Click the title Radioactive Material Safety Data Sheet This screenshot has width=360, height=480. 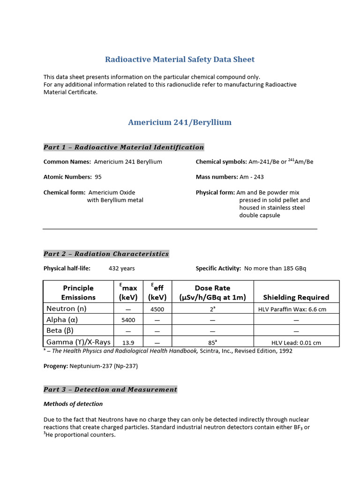pos(180,60)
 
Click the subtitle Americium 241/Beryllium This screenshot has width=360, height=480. pos(180,122)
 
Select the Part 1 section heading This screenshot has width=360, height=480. pos(124,147)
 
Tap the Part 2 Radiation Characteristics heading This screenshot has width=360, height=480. pos(106,254)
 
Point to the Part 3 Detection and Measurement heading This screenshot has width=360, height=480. pos(110,390)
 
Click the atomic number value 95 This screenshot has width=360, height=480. pos(98,177)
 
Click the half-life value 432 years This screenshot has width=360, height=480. pos(121,269)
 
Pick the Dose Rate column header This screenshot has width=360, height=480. pos(212,292)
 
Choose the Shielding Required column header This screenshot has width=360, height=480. pos(296,297)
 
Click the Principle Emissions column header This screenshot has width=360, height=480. pos(78,292)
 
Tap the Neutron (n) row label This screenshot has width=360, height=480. pos(67,308)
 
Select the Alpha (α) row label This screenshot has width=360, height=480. pos(62,320)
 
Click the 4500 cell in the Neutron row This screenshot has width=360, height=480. pos(157,309)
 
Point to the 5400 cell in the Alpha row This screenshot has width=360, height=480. pos(128,320)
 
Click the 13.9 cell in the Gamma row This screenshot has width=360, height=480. pos(128,343)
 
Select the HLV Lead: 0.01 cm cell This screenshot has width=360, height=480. pos(296,343)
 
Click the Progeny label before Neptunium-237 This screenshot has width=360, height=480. pos(56,366)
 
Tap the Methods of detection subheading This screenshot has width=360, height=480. pos(73,404)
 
